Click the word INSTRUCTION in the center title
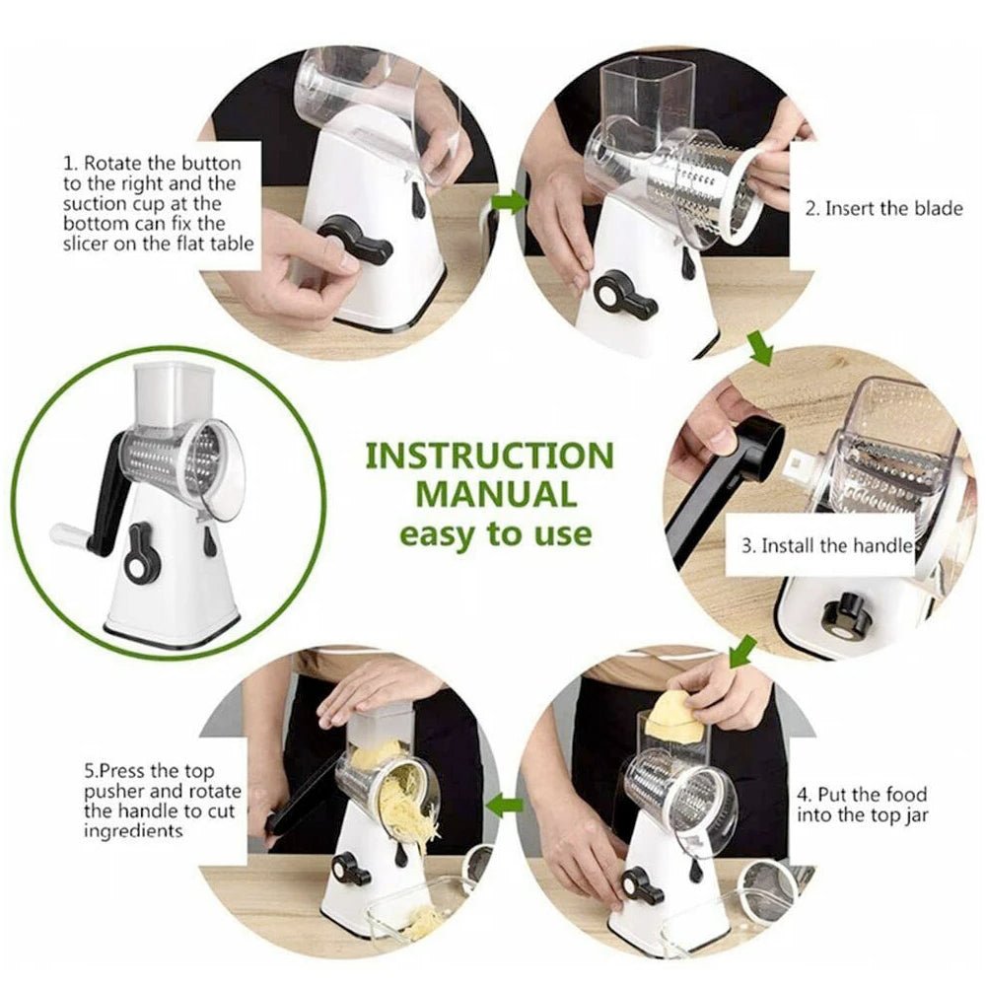tap(489, 456)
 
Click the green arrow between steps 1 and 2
tap(510, 202)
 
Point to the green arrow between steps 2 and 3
tap(759, 348)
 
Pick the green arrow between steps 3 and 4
tap(741, 651)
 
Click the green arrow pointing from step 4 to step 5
tap(508, 805)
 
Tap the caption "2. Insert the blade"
tap(883, 208)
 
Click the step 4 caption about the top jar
tap(861, 804)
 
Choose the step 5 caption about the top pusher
tap(149, 801)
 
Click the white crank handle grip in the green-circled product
tap(71, 535)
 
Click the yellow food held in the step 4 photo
tap(674, 718)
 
